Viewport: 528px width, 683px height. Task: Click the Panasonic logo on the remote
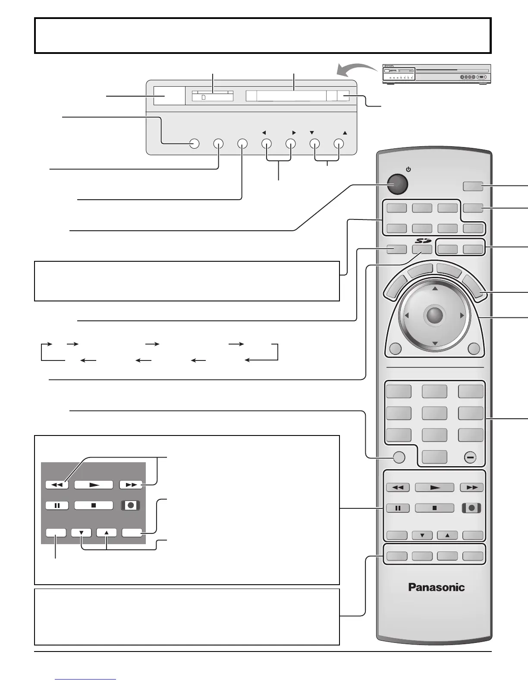pyautogui.click(x=436, y=587)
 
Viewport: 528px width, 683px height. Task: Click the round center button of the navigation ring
pyautogui.click(x=434, y=316)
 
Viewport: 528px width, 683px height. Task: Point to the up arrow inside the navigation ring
pyautogui.click(x=435, y=288)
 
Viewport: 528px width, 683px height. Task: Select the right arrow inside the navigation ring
pyautogui.click(x=462, y=316)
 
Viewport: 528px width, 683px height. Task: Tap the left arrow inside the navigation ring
pyautogui.click(x=406, y=316)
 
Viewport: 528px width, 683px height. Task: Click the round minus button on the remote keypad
pyautogui.click(x=470, y=457)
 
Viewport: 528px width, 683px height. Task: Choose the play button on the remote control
pyautogui.click(x=434, y=487)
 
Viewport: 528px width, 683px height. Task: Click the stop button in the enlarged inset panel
pyautogui.click(x=94, y=505)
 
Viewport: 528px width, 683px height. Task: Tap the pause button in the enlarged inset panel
pyautogui.click(x=57, y=505)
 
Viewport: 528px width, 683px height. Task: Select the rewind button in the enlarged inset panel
pyautogui.click(x=57, y=485)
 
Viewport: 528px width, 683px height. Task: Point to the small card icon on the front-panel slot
pyautogui.click(x=204, y=97)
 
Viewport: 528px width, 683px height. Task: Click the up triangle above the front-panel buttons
pyautogui.click(x=345, y=133)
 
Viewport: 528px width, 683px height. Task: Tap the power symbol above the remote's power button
pyautogui.click(x=408, y=169)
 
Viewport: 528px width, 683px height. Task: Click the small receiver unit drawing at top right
pyautogui.click(x=436, y=74)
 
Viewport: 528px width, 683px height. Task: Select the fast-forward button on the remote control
pyautogui.click(x=472, y=487)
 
